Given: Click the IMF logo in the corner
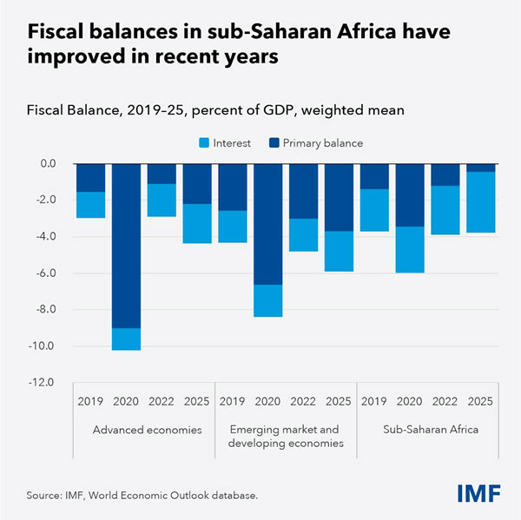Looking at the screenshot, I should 478,493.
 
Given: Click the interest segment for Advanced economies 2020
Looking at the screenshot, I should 126,339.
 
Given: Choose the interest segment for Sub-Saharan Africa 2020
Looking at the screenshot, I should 410,249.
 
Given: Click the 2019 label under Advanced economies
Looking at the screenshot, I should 90,403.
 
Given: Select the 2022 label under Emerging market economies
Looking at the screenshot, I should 303,403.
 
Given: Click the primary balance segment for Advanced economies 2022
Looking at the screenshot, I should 162,174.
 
